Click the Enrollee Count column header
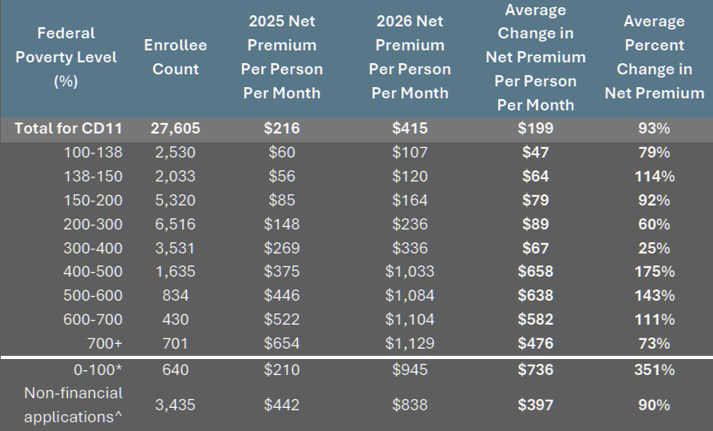click(176, 57)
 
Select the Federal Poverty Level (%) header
click(66, 57)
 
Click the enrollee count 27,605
click(176, 128)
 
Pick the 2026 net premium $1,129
click(409, 343)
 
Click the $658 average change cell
click(535, 271)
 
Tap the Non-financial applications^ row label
click(73, 405)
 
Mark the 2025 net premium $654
click(282, 343)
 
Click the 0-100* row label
click(97, 369)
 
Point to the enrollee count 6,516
click(176, 224)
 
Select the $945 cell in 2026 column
click(410, 369)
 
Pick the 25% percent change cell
click(655, 248)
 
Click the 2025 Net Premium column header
click(282, 57)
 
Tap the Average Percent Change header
click(655, 57)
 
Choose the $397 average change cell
click(535, 405)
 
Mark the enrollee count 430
click(176, 319)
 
